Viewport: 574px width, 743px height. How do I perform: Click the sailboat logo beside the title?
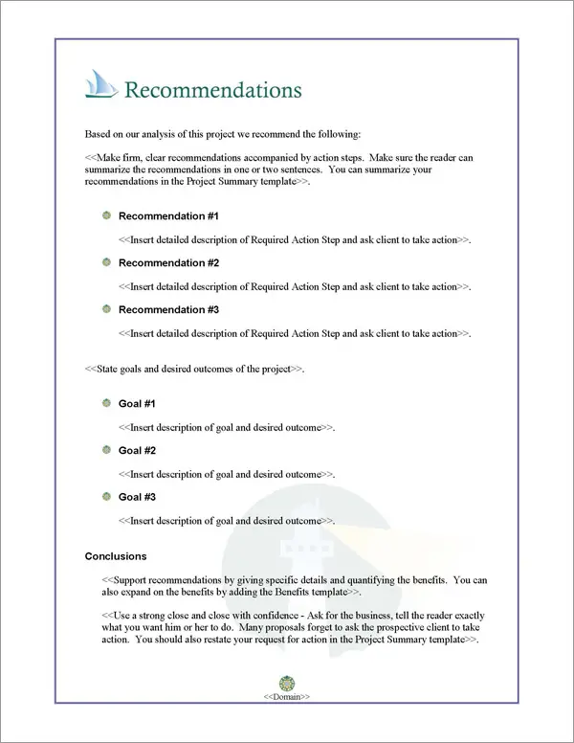[x=101, y=86]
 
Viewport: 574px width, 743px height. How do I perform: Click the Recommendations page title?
[x=213, y=91]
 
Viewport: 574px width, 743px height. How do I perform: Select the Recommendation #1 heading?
[x=168, y=216]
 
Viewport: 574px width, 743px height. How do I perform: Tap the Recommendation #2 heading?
[x=168, y=263]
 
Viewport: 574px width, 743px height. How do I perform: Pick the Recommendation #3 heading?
[x=168, y=310]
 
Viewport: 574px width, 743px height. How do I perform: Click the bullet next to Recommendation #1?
[x=106, y=216]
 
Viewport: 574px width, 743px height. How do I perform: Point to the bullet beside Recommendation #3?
[x=106, y=310]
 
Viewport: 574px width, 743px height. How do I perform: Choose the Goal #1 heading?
[x=137, y=404]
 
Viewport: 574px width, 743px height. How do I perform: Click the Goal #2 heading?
[x=137, y=451]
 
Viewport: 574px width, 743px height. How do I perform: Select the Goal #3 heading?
[x=137, y=498]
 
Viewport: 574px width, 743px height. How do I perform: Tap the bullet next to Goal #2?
[x=106, y=451]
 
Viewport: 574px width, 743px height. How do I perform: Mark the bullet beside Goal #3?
[x=106, y=498]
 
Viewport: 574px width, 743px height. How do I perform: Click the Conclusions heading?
[x=116, y=556]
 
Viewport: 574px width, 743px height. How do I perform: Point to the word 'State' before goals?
[x=109, y=369]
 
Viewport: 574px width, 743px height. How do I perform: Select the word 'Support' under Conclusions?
[x=132, y=580]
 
